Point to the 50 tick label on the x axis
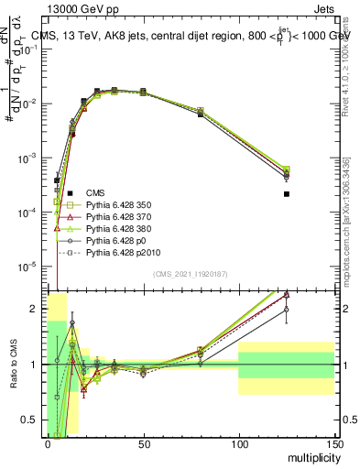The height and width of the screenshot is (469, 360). (142, 442)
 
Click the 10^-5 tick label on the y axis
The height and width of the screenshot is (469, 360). (29, 267)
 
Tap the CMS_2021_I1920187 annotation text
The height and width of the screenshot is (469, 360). (191, 273)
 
